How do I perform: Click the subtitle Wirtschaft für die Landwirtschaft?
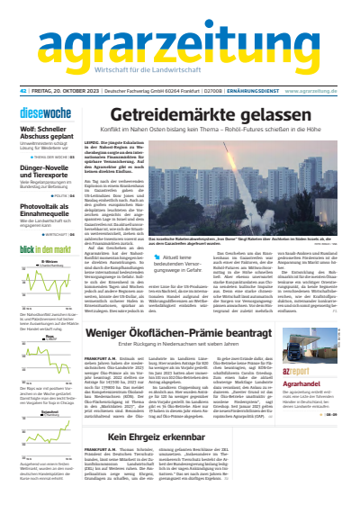pos(181,73)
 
